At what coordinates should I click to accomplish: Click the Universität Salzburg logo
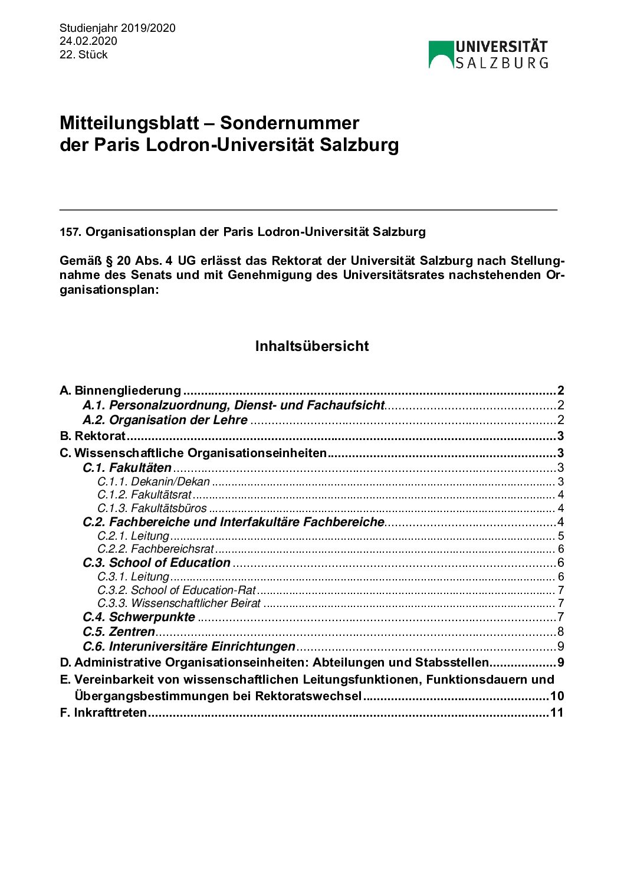[488, 55]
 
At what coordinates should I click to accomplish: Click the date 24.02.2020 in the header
[88, 41]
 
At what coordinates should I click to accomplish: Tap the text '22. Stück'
[84, 55]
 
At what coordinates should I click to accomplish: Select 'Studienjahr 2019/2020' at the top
[117, 28]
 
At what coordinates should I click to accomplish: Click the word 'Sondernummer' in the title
[290, 123]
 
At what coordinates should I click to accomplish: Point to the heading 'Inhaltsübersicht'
[312, 346]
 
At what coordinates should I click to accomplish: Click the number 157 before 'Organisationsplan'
[69, 232]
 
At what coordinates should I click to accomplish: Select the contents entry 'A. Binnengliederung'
[121, 390]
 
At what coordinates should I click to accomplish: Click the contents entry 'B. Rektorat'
[93, 436]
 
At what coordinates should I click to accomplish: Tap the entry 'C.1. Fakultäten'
[127, 468]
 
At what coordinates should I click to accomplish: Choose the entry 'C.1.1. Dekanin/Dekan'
[154, 481]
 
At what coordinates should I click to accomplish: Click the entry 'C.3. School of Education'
[157, 563]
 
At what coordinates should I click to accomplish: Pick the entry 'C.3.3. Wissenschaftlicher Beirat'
[179, 603]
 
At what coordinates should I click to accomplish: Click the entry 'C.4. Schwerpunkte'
[139, 617]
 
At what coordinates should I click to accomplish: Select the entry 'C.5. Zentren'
[119, 632]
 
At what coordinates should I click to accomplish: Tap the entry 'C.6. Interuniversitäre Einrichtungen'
[189, 646]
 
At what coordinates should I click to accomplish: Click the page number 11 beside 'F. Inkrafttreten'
[557, 713]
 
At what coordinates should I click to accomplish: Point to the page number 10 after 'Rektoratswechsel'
[557, 696]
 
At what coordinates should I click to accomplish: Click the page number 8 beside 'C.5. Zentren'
[561, 632]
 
